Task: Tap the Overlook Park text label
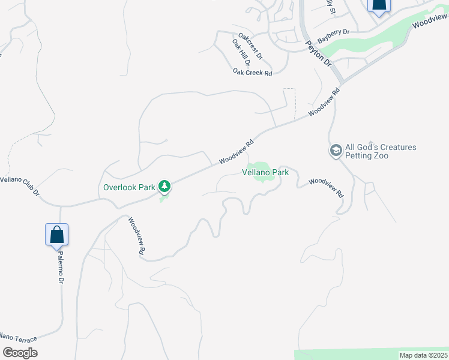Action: point(129,187)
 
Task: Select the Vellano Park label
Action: point(265,172)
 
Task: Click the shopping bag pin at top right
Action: point(379,5)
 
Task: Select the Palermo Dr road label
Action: point(61,268)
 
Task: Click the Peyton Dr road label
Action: point(318,53)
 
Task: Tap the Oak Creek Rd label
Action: point(253,72)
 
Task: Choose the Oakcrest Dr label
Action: point(250,46)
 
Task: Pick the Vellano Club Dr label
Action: point(20,186)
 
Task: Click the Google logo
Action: point(20,353)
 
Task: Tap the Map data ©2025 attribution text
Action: point(423,355)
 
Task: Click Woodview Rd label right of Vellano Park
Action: point(326,188)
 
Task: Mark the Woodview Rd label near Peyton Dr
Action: point(325,103)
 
